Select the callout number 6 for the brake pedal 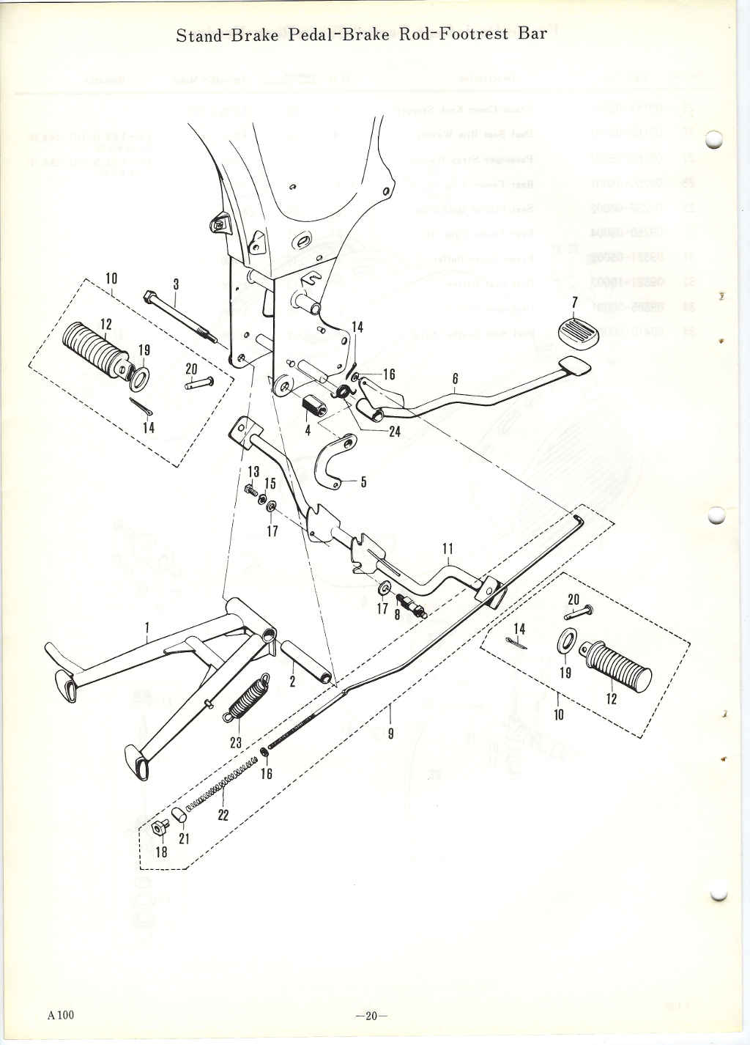coord(455,378)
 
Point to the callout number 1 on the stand coord(147,627)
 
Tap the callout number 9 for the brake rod coord(390,732)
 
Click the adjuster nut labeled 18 coord(157,828)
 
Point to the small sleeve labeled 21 coord(177,815)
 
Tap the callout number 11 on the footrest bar coord(448,547)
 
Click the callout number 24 coord(394,432)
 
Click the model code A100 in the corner coord(62,1015)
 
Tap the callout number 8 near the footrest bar coord(396,616)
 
